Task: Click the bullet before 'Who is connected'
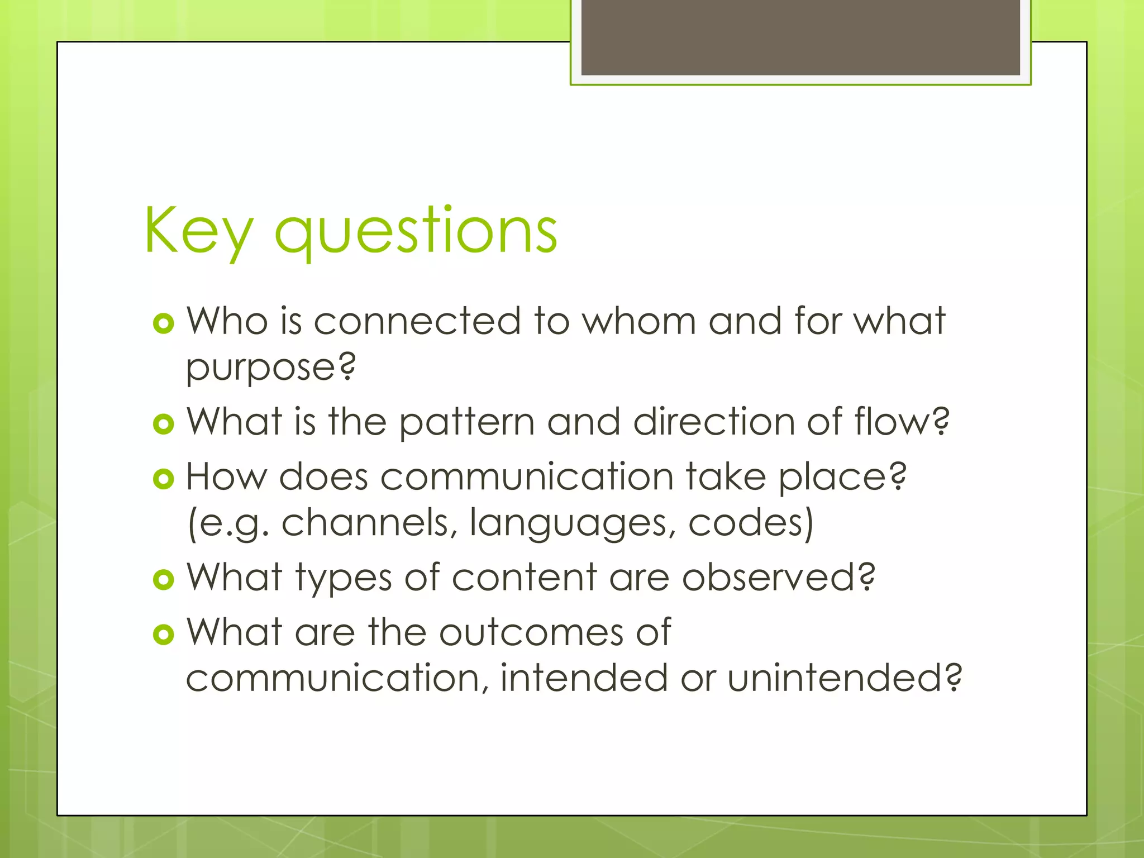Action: [x=163, y=323]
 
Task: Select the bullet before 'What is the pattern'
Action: [x=163, y=424]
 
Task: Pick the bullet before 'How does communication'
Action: [x=163, y=479]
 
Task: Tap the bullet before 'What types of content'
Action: [x=163, y=579]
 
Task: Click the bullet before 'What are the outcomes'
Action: [x=163, y=634]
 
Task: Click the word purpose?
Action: [x=270, y=369]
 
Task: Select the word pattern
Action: [x=466, y=423]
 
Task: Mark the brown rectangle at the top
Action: [x=800, y=37]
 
